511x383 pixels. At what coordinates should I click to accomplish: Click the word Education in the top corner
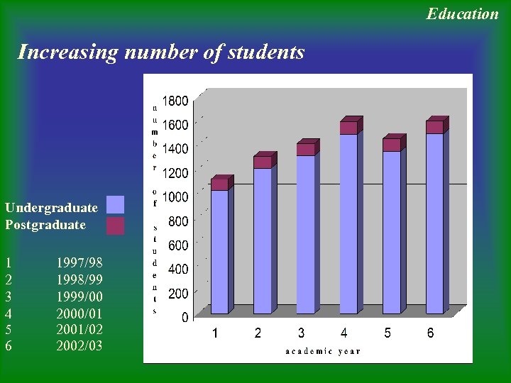click(x=462, y=13)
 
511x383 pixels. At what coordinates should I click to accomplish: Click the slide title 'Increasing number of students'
click(x=161, y=52)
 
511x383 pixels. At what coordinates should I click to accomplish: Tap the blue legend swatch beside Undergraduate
click(x=115, y=205)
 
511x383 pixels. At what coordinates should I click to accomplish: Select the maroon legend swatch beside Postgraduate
click(x=115, y=226)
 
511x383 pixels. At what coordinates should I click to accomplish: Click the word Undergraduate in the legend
click(x=51, y=208)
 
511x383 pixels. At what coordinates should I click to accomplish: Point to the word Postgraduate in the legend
click(x=45, y=225)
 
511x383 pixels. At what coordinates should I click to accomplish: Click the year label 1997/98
click(x=79, y=263)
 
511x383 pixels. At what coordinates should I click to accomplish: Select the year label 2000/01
click(x=79, y=313)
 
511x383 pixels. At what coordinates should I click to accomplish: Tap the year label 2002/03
click(x=79, y=345)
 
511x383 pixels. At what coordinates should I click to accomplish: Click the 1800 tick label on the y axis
click(x=175, y=101)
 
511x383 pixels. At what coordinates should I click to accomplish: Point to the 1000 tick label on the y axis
click(x=175, y=196)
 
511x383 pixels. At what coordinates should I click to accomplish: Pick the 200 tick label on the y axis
click(x=178, y=293)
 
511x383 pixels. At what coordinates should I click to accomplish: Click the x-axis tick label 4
click(x=344, y=333)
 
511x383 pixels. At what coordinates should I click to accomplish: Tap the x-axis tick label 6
click(x=430, y=333)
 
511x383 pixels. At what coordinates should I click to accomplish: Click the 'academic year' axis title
click(x=323, y=351)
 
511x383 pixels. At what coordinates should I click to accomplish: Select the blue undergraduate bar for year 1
click(x=219, y=252)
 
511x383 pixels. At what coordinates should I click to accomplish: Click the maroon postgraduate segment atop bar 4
click(x=348, y=128)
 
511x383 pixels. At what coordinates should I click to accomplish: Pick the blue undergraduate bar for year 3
click(x=305, y=234)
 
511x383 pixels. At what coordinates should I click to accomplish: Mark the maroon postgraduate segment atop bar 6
click(x=434, y=127)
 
